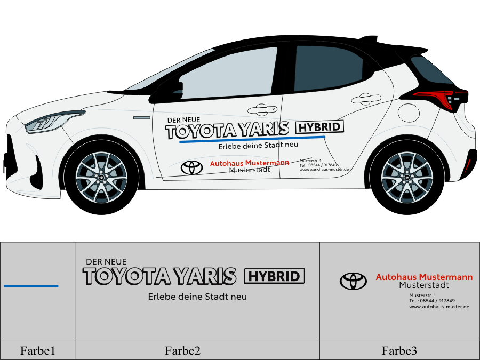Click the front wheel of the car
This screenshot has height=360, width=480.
pos(101,176)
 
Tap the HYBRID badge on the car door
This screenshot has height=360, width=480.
pos(319,127)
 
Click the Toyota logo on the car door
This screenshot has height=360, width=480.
pos(191,167)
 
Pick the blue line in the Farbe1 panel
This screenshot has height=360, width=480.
pos(31,286)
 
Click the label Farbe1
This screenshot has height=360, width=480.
pos(38,350)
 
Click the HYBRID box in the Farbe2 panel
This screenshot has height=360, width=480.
pos(274,276)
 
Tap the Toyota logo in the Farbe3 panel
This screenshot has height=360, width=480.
pos(354,281)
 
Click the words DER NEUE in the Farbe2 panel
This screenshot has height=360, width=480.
pos(106,262)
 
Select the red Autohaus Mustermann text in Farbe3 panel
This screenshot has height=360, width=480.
pos(424,277)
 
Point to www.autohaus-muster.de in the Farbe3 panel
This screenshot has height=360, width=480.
pos(439,307)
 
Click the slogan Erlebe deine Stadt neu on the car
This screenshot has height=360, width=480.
pos(258,145)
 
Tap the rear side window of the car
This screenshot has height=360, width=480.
pos(326,68)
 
